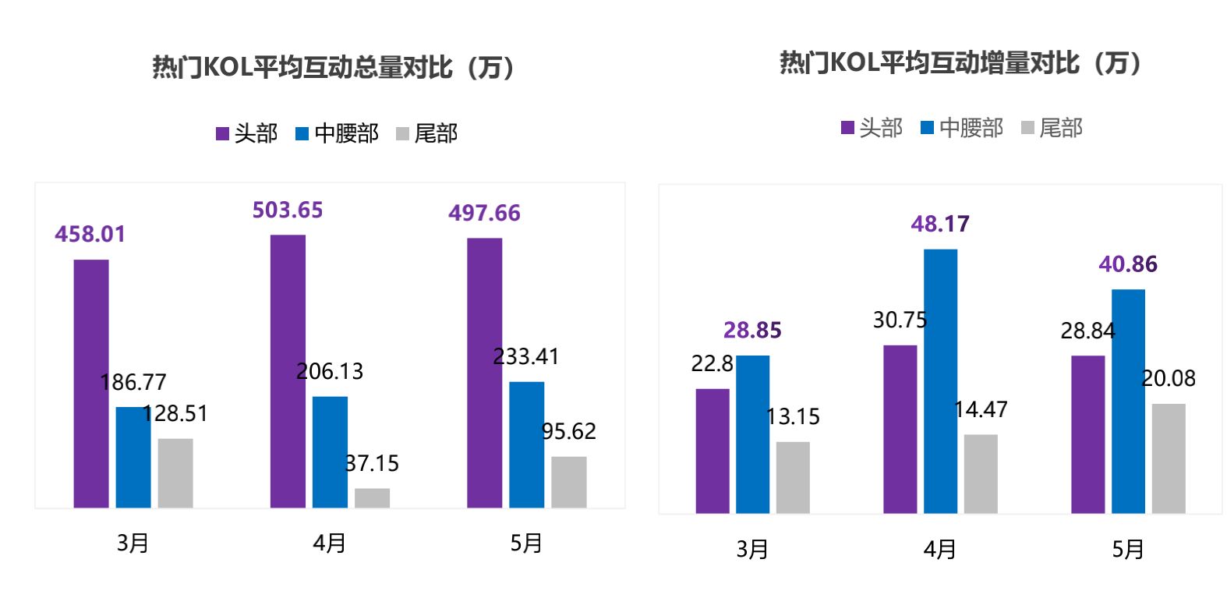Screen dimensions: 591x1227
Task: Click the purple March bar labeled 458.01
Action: [91, 384]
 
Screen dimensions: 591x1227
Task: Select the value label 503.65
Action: [287, 211]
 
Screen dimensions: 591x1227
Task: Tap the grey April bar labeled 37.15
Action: [372, 498]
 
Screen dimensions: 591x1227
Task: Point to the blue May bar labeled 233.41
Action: [526, 444]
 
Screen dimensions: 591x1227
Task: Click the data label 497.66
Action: [484, 214]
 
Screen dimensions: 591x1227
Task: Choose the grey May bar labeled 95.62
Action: [568, 482]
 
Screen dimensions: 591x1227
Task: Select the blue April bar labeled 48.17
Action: [940, 381]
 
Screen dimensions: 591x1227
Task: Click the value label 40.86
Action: [1127, 265]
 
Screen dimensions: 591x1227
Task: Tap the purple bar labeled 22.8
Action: [713, 451]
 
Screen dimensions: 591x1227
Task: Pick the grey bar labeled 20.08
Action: [1168, 458]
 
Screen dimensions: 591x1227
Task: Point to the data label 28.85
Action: [752, 331]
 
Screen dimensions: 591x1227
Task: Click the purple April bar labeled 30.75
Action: [900, 429]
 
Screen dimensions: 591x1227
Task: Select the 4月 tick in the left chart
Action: [329, 543]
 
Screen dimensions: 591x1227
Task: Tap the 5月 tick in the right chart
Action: [1127, 550]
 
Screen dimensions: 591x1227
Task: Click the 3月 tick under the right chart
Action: [752, 550]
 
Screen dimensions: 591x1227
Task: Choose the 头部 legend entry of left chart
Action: [246, 133]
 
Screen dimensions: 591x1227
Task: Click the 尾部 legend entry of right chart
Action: [1052, 128]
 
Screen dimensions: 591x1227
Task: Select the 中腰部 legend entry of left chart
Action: [337, 133]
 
